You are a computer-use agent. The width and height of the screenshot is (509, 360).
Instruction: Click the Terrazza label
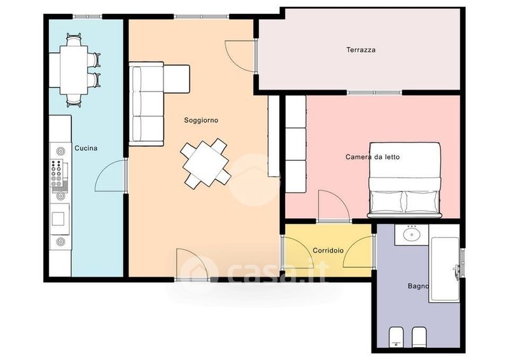point(361,50)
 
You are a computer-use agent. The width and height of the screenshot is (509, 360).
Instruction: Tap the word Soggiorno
point(201,120)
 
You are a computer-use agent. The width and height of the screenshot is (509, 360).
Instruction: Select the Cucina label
point(86,148)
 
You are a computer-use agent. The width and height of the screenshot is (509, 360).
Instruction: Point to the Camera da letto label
point(372,157)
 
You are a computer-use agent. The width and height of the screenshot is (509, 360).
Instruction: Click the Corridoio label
point(328,251)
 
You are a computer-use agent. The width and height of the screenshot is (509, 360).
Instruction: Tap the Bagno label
point(418,286)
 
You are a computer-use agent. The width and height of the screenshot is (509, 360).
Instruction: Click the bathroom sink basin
point(411,234)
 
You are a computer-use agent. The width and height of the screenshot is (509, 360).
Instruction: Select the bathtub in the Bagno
point(444,270)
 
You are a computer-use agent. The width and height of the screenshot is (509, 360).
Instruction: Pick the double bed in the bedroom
point(405,180)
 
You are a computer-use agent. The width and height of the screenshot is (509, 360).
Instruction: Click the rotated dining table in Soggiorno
point(206,164)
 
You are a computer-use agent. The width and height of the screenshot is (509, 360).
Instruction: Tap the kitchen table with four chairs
point(74,70)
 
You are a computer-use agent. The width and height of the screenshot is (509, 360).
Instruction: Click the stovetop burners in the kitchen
point(56,173)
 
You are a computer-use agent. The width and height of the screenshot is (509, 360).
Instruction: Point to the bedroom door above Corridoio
point(334,207)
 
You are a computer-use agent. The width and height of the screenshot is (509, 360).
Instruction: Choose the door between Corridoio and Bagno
point(359,252)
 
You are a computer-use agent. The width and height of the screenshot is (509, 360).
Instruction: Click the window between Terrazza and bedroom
point(374,92)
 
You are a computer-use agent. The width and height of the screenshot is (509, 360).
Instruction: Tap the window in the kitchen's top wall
point(87,17)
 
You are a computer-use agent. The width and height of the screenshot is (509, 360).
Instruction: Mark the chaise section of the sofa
point(177,79)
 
